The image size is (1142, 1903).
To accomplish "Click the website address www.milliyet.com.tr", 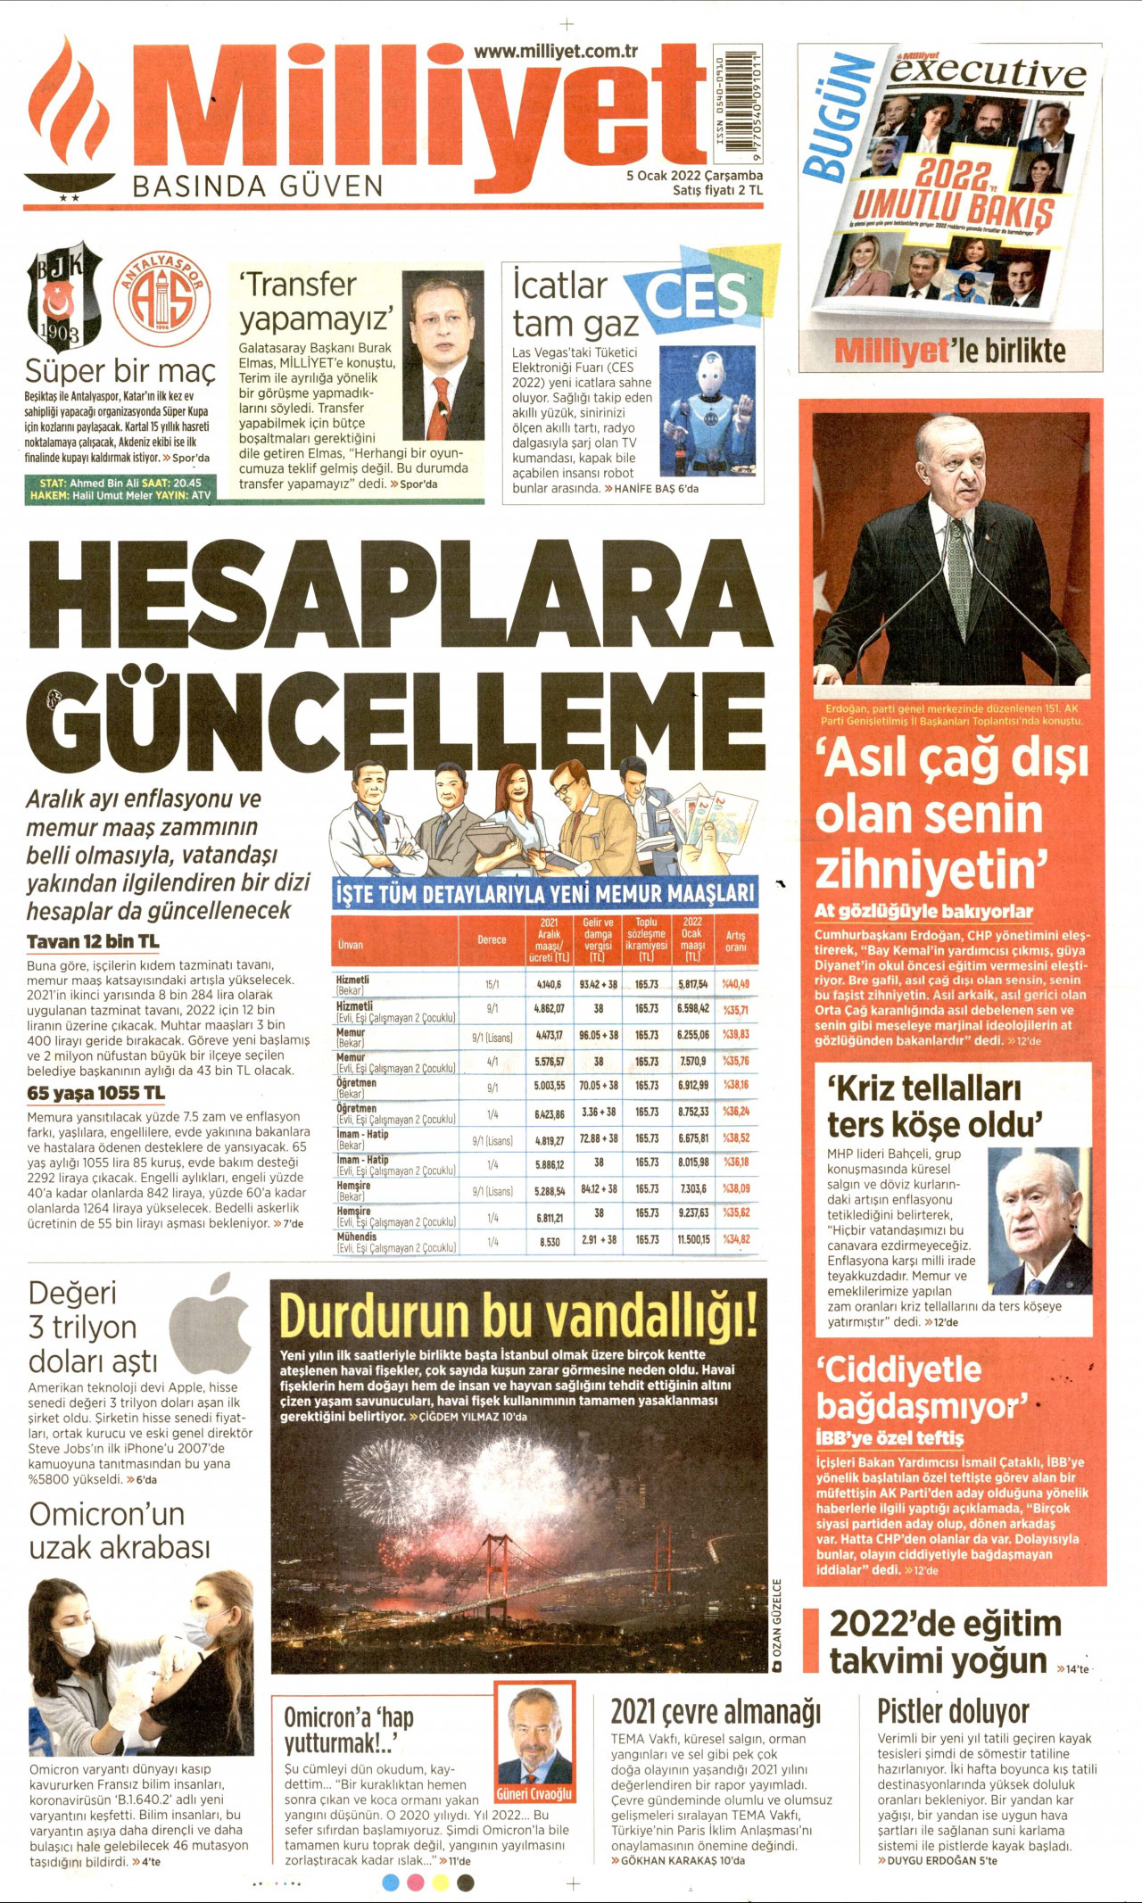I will (x=555, y=52).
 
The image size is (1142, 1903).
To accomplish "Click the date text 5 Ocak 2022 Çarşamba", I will (x=694, y=176).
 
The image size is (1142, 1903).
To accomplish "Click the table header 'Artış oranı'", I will (x=735, y=941).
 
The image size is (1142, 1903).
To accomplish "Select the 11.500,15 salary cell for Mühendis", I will (x=693, y=1239).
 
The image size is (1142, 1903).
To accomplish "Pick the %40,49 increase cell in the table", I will (x=735, y=984).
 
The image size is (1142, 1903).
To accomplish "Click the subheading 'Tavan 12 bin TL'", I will (x=93, y=941).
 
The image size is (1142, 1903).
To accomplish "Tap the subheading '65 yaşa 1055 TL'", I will (x=95, y=1093).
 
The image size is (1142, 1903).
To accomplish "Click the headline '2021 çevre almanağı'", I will (x=716, y=1712).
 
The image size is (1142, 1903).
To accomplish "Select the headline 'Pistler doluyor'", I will (x=953, y=1711).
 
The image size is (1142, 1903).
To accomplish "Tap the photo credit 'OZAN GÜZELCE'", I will (x=777, y=1625).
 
